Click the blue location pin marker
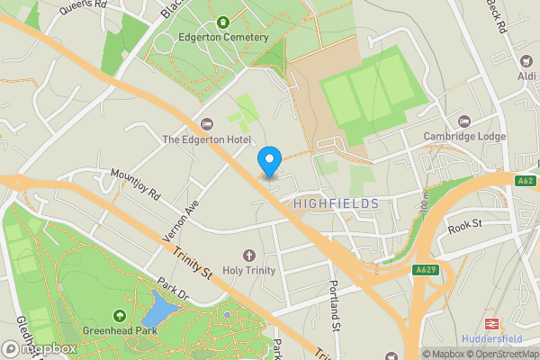pos(268,159)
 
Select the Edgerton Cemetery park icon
pos(221,22)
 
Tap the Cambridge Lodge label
pos(464,137)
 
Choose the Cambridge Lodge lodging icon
pos(464,121)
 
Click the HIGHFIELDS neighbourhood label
pos(337,204)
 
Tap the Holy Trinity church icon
pos(249,256)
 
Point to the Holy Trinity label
pos(249,272)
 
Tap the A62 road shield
pos(526,182)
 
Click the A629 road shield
pos(427,270)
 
